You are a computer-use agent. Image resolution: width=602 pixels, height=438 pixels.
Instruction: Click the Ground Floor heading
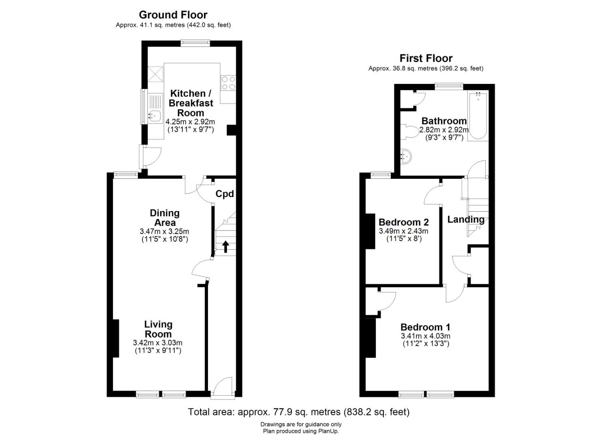click(x=173, y=15)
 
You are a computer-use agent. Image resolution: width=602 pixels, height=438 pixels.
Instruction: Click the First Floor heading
click(x=426, y=58)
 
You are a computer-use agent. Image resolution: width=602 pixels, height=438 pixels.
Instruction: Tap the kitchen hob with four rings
click(x=228, y=83)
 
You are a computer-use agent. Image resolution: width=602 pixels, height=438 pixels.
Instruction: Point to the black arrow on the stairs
click(x=225, y=247)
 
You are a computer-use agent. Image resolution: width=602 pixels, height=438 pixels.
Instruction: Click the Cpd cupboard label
click(x=225, y=194)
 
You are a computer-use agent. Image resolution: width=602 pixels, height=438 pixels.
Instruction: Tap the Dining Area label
click(x=165, y=218)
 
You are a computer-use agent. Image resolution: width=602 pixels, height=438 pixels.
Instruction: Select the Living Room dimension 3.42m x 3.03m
click(x=158, y=343)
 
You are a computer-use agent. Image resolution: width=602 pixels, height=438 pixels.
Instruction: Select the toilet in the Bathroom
click(x=410, y=132)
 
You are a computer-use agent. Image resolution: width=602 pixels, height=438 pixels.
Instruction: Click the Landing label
click(x=466, y=219)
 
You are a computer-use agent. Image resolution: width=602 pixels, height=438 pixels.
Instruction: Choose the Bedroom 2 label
click(x=403, y=222)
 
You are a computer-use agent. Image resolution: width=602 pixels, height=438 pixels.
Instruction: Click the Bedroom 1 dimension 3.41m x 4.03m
click(x=425, y=336)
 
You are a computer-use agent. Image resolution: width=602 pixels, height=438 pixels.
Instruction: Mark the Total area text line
click(x=299, y=412)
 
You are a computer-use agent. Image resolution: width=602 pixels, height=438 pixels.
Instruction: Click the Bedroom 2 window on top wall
click(x=381, y=175)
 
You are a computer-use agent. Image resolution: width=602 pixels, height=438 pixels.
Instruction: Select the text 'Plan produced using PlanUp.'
click(x=301, y=431)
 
